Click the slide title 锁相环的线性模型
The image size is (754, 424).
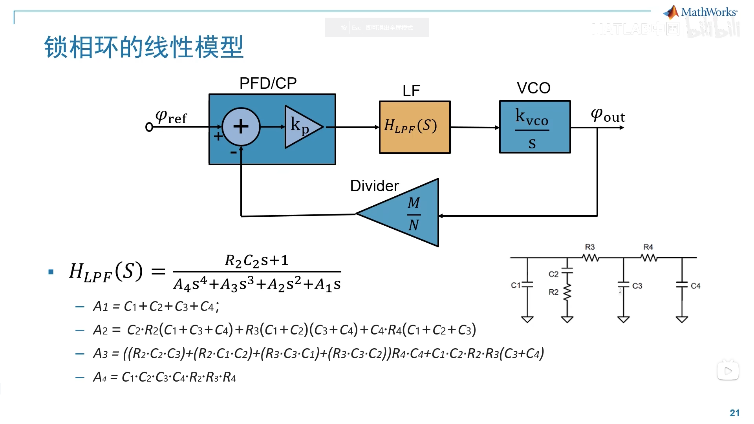144,47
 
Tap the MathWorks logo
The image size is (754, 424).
701,13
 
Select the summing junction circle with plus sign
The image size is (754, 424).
241,126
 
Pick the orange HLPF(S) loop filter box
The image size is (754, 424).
414,127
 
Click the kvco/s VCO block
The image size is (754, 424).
534,127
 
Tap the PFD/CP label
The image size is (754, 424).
268,83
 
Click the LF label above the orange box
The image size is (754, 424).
411,91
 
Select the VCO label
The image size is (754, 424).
533,88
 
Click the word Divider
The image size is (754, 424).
374,186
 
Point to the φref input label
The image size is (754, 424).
171,117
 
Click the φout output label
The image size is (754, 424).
608,115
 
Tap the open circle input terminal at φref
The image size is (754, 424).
149,127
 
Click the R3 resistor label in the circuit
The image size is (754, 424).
589,247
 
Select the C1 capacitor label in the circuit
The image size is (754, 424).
515,285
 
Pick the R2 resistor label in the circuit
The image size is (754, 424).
553,292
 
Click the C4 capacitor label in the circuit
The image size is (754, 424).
695,286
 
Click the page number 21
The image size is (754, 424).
734,413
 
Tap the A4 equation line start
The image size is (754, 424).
100,378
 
